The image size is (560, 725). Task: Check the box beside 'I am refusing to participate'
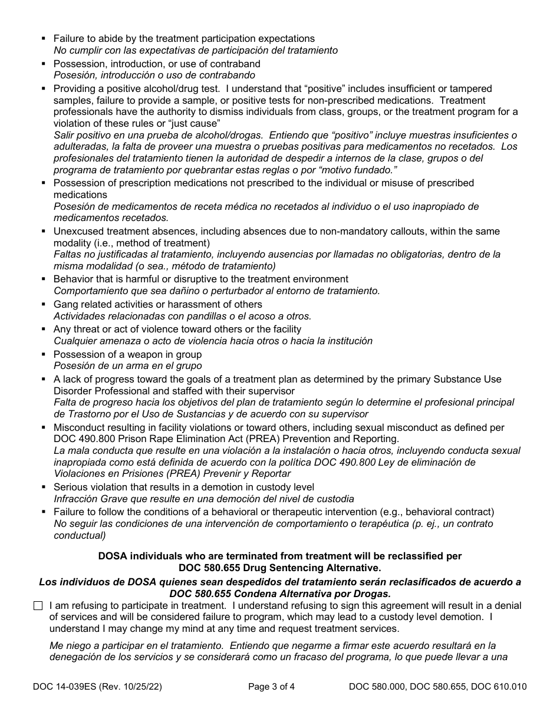click(38, 606)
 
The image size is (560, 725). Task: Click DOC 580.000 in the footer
click(378, 686)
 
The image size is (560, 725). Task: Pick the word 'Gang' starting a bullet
click(65, 304)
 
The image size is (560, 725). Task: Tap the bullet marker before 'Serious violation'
click(44, 487)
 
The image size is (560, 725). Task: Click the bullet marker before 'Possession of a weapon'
click(44, 354)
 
